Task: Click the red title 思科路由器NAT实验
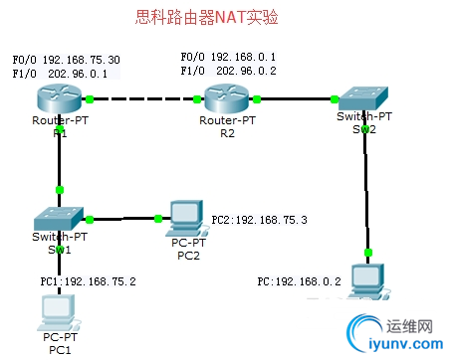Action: [206, 18]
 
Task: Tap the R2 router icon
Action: [228, 99]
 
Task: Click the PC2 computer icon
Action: [184, 216]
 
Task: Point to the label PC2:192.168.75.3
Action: [258, 219]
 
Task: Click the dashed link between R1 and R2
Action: [144, 99]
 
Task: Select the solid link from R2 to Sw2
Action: [296, 99]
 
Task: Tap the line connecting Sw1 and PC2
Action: [124, 219]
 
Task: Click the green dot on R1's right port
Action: [90, 99]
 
